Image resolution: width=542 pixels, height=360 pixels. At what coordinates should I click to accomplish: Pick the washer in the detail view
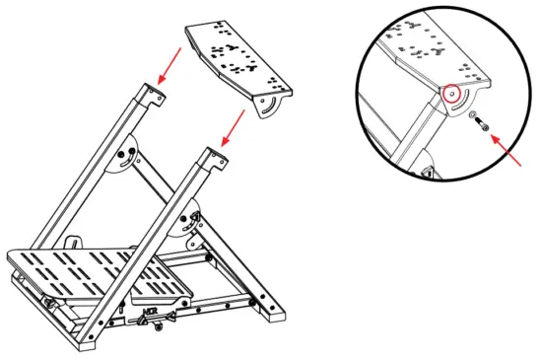[471, 118]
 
